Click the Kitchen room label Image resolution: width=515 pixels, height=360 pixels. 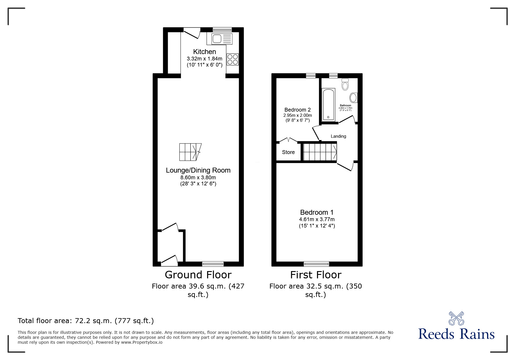pyautogui.click(x=204, y=52)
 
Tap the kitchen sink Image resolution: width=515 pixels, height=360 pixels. pyautogui.click(x=220, y=39)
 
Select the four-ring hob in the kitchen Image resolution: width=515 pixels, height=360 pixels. pyautogui.click(x=233, y=60)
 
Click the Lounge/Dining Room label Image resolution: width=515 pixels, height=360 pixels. pyautogui.click(x=198, y=170)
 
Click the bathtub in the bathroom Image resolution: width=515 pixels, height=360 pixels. pyautogui.click(x=329, y=105)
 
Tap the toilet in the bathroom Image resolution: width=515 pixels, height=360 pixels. pyautogui.click(x=345, y=84)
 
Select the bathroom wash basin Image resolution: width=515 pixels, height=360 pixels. pyautogui.click(x=354, y=98)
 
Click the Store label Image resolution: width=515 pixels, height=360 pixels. pyautogui.click(x=288, y=152)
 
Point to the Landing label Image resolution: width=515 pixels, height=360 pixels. pyautogui.click(x=338, y=136)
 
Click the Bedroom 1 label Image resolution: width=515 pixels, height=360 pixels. pyautogui.click(x=317, y=212)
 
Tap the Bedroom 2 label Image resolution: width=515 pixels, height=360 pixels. pyautogui.click(x=297, y=110)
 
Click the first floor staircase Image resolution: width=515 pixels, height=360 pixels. pyautogui.click(x=320, y=152)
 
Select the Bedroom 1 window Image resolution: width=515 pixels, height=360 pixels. pyautogui.click(x=316, y=264)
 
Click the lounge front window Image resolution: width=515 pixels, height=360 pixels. pyautogui.click(x=213, y=264)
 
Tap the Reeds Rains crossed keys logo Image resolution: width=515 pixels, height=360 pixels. pyautogui.click(x=456, y=318)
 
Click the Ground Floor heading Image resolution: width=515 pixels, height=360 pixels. pyautogui.click(x=198, y=275)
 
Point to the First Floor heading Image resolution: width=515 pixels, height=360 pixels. pyautogui.click(x=316, y=275)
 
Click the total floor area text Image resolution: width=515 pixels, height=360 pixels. pyautogui.click(x=86, y=321)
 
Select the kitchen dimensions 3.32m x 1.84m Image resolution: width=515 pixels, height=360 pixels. pyautogui.click(x=204, y=59)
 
